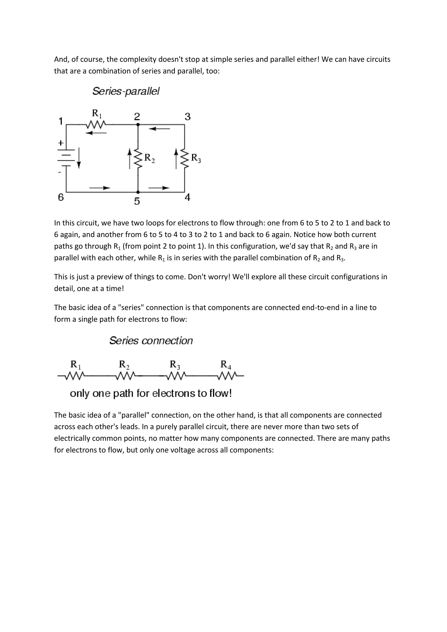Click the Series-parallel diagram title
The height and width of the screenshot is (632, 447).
[x=126, y=91]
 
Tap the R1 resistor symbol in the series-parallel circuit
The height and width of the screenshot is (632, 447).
[x=95, y=125]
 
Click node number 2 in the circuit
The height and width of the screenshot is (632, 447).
[x=137, y=117]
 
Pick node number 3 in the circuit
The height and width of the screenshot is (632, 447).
[x=187, y=117]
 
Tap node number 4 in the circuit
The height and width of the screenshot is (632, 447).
[x=187, y=197]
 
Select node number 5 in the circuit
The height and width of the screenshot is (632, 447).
[x=137, y=201]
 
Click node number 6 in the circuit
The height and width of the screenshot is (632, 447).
[x=61, y=197]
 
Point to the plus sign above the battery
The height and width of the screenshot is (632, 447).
[x=61, y=143]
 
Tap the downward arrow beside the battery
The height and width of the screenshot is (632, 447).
[x=79, y=158]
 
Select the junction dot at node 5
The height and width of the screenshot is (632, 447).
[x=138, y=192]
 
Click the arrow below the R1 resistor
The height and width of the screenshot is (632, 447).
[x=96, y=133]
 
